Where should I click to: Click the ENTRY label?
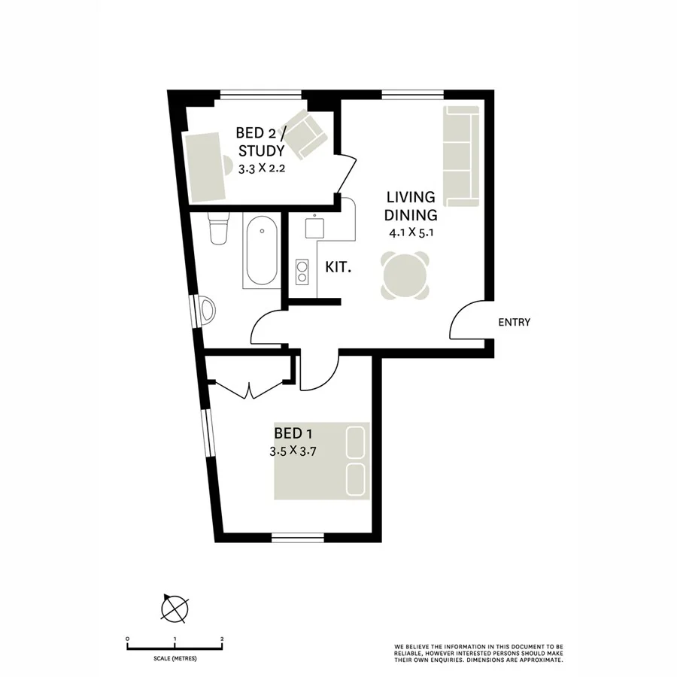coord(515,322)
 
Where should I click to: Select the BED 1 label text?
coord(293,433)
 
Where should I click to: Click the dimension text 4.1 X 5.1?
coord(411,233)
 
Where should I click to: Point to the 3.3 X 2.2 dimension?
coord(262,168)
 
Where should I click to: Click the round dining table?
coord(407,275)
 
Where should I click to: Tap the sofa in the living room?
coord(461,156)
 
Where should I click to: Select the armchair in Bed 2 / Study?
coord(304,134)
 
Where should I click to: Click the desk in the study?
coord(205,167)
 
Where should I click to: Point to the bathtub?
coord(260,250)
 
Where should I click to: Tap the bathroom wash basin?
coord(207,309)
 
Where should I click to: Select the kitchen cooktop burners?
coord(302,271)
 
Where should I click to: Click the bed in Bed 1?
coord(322,460)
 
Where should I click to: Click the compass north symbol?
coord(175,607)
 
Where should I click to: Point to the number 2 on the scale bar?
coord(222,639)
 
